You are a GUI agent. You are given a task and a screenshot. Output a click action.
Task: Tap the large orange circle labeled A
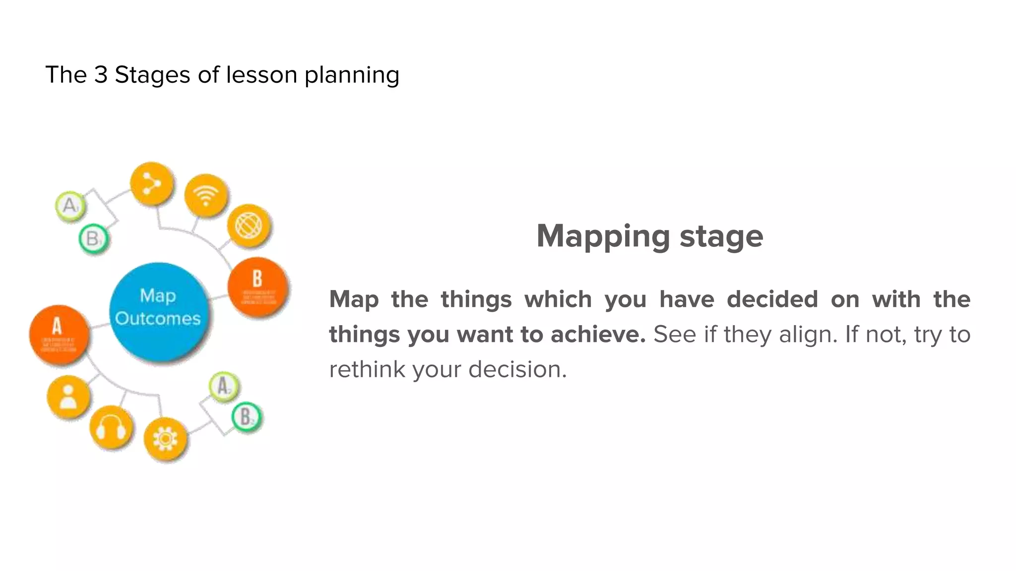pyautogui.click(x=59, y=335)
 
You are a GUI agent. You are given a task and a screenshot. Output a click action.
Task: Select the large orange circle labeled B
pyautogui.click(x=258, y=287)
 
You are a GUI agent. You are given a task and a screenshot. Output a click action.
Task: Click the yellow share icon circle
pyautogui.click(x=152, y=184)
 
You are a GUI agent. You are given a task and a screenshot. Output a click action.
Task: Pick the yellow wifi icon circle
pyautogui.click(x=206, y=195)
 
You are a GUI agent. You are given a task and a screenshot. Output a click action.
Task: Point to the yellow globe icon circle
pyautogui.click(x=249, y=226)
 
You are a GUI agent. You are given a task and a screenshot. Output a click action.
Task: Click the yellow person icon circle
pyautogui.click(x=68, y=397)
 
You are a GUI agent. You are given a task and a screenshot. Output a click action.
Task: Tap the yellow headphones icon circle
pyautogui.click(x=112, y=427)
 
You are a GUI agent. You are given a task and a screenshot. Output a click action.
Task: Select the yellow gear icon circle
pyautogui.click(x=165, y=439)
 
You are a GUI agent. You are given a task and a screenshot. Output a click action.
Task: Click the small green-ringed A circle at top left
pyautogui.click(x=70, y=205)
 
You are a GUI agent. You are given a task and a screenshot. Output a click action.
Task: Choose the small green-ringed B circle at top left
pyautogui.click(x=93, y=239)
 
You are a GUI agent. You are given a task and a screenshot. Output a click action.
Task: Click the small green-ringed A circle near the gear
pyautogui.click(x=223, y=386)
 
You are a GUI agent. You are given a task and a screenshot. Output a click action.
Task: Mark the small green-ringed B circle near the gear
pyautogui.click(x=247, y=417)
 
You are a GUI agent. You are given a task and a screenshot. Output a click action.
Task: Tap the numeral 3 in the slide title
pyautogui.click(x=101, y=75)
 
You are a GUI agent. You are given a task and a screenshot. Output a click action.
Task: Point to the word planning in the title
pyautogui.click(x=352, y=75)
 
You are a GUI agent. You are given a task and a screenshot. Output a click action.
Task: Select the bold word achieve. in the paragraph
pyautogui.click(x=598, y=335)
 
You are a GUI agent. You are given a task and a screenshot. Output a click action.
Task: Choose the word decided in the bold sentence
pyautogui.click(x=772, y=299)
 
